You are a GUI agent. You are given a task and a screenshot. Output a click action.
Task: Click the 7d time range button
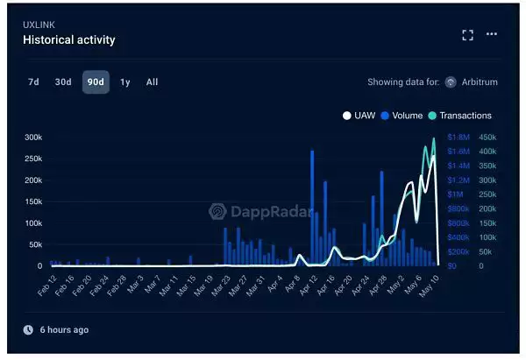[33, 82]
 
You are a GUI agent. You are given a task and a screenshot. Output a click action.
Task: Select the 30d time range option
[63, 82]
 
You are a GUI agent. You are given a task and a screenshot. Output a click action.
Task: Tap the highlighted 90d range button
[96, 82]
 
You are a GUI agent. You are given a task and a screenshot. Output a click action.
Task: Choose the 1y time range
[125, 82]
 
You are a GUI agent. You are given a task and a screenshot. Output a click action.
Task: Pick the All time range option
[153, 82]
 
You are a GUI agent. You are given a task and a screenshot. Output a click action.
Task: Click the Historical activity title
[69, 39]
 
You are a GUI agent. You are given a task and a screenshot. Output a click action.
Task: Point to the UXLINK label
[39, 24]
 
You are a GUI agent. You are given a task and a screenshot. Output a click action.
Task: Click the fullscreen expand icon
[467, 34]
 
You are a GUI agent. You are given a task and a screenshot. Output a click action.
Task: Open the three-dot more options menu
[492, 34]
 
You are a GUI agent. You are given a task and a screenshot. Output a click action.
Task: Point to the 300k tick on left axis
[33, 138]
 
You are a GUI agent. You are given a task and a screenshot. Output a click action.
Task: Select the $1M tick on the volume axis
[456, 194]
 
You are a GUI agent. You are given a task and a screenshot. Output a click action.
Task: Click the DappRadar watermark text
[264, 211]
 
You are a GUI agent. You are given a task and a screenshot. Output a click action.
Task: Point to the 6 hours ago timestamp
[63, 330]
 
